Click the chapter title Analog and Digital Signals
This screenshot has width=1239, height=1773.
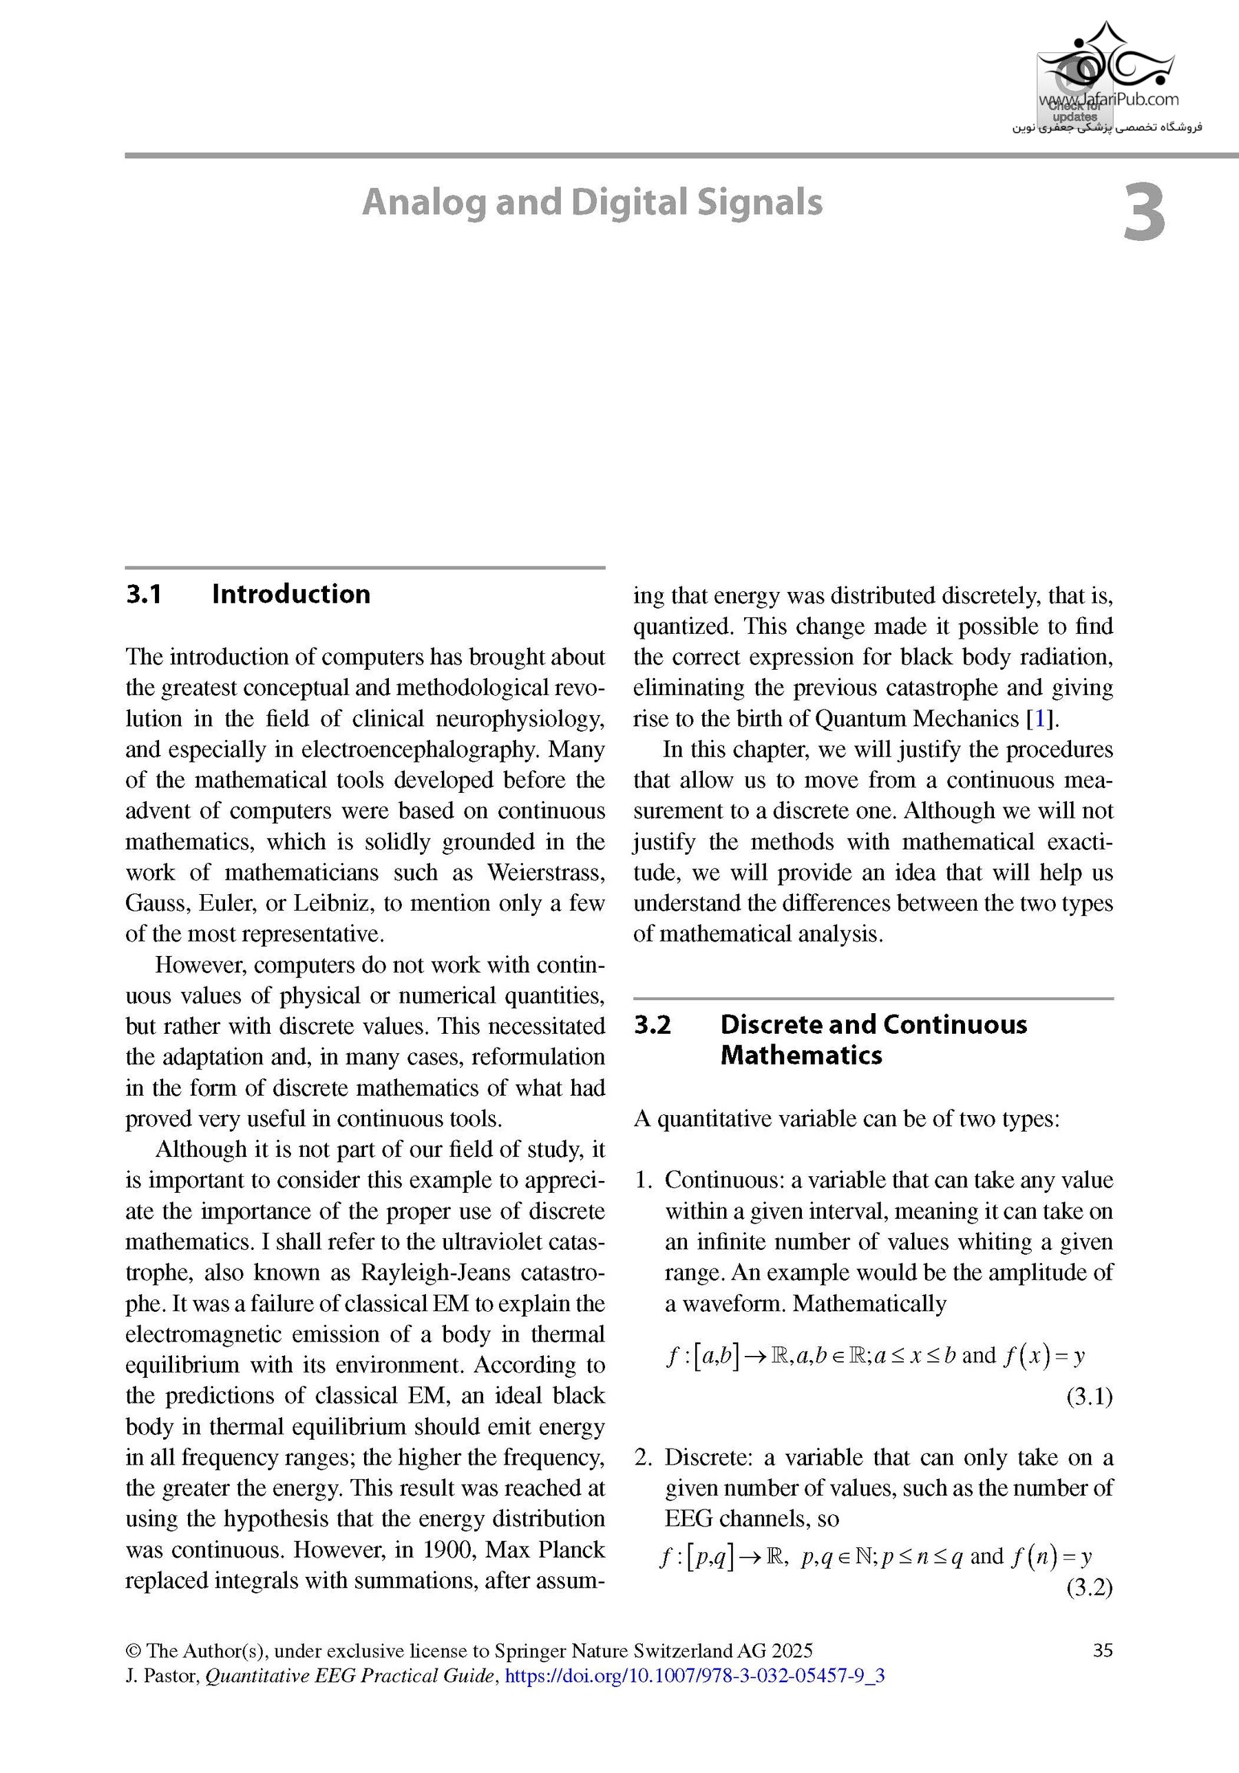(x=593, y=202)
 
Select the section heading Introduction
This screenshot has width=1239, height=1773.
(x=290, y=594)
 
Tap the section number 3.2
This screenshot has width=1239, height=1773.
(x=653, y=1025)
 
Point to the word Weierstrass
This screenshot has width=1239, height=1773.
(x=545, y=873)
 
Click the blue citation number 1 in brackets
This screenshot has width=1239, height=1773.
(x=1039, y=719)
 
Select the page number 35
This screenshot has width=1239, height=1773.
(x=1103, y=1650)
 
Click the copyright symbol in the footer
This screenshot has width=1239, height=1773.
(x=133, y=1651)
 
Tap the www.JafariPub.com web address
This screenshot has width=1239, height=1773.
(x=1108, y=99)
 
